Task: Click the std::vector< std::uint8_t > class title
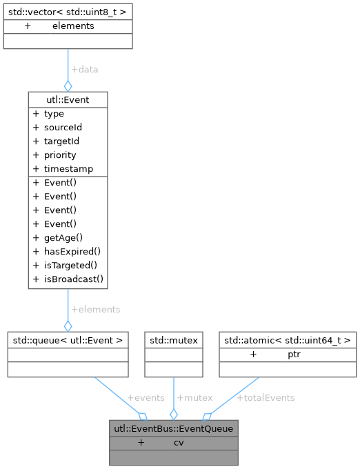pos(68,12)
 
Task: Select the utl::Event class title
pos(68,100)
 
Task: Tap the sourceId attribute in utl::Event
pos(63,128)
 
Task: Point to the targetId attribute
pos(62,141)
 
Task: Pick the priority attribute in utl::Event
pos(59,155)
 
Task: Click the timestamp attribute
pos(68,169)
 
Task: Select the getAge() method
pos(63,238)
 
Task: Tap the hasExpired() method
pos(71,252)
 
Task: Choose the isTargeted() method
pos(70,266)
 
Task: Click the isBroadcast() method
pos(72,279)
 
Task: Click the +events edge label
pos(146,398)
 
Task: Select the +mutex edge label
pos(194,398)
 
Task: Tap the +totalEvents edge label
pos(266,398)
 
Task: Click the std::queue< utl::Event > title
pos(68,340)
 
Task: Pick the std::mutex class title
pos(174,340)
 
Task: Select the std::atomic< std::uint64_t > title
pos(288,340)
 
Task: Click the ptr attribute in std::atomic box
pos(294,354)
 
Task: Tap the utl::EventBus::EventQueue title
pos(174,428)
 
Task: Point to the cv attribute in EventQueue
pos(179,442)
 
